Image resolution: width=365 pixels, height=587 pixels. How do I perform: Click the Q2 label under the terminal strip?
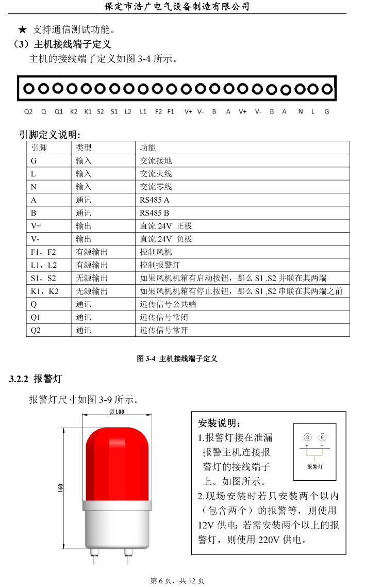point(28,111)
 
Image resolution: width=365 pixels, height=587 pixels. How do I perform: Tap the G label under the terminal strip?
point(326,111)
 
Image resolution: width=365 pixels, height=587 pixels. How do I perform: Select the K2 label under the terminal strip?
point(74,111)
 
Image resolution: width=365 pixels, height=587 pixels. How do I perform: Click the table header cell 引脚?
point(39,148)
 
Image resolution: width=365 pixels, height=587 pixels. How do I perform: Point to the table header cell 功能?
point(147,148)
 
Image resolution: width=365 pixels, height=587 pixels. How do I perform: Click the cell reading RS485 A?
point(154,200)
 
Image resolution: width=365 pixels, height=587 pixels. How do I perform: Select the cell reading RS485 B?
point(154,213)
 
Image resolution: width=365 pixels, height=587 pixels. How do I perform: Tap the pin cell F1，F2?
point(44,252)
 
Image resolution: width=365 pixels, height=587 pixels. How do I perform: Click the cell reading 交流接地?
point(156,161)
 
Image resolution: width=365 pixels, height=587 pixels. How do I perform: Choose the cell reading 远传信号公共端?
point(168,304)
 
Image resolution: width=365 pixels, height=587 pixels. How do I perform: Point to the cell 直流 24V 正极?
point(166,226)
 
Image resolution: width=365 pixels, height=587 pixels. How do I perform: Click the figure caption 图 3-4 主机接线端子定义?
point(177,358)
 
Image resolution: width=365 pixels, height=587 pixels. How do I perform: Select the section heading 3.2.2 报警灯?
point(36,379)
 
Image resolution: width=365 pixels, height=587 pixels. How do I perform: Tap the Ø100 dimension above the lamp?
point(117,412)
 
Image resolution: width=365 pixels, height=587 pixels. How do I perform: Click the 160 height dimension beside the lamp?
point(61,488)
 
